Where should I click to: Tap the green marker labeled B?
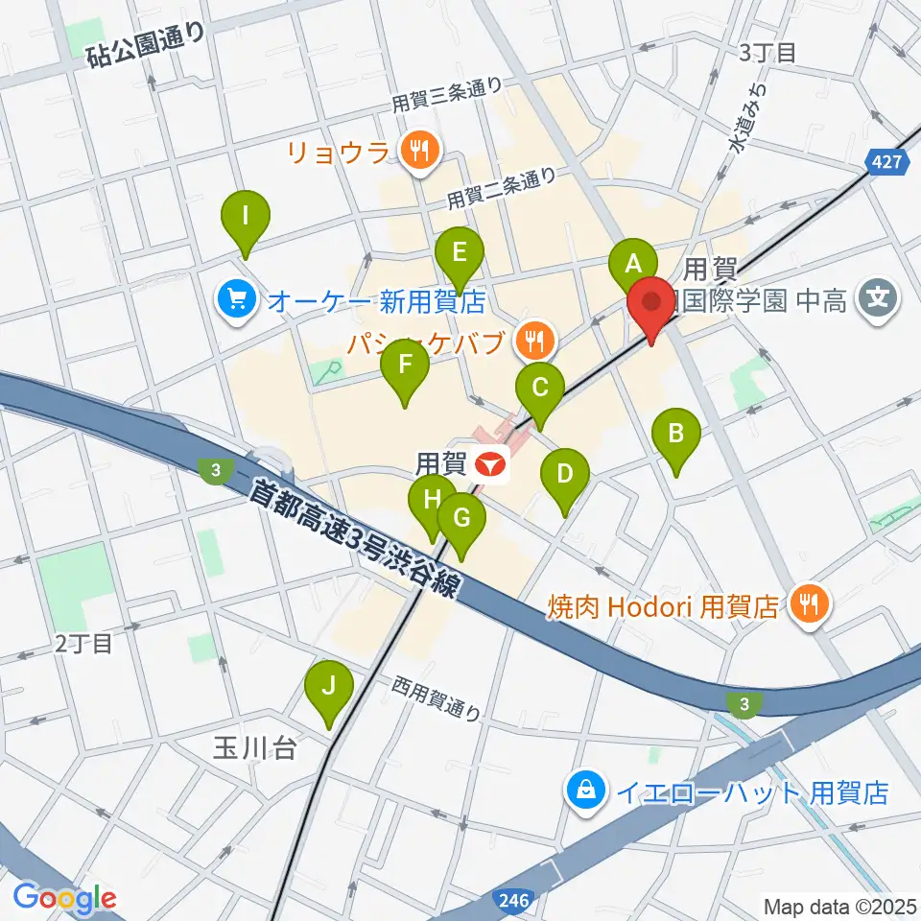(x=676, y=434)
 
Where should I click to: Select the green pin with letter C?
(x=540, y=389)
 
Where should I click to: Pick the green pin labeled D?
(x=565, y=473)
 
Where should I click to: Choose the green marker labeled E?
(x=459, y=253)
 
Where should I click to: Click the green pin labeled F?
(x=405, y=366)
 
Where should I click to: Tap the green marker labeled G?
(x=461, y=519)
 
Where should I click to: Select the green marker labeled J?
(x=328, y=687)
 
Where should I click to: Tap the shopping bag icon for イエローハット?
(x=585, y=791)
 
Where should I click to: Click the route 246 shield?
(x=514, y=901)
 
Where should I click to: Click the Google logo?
(x=65, y=898)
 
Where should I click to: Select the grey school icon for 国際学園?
(x=878, y=300)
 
